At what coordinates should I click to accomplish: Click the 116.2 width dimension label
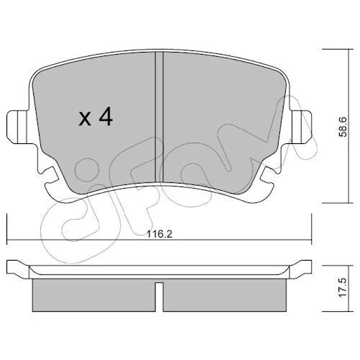click(x=160, y=234)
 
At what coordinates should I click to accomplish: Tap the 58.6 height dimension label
click(x=343, y=127)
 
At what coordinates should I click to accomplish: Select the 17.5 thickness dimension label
click(x=343, y=287)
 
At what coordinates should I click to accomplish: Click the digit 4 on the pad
click(x=106, y=116)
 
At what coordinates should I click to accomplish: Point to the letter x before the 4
click(x=85, y=119)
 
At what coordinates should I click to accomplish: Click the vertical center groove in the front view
click(x=159, y=117)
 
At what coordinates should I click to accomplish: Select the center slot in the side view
click(x=159, y=297)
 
